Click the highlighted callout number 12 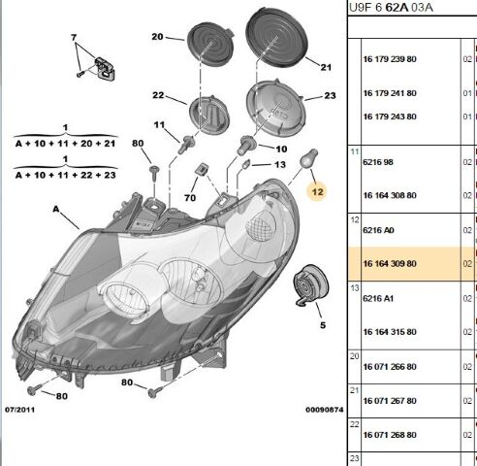(x=317, y=192)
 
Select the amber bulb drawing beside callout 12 (x=309, y=158)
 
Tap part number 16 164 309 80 (x=390, y=264)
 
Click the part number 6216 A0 (x=378, y=230)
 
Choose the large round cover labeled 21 (x=275, y=39)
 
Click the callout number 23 (x=330, y=95)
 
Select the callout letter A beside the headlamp (x=56, y=210)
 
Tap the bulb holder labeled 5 (x=310, y=284)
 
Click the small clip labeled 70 (x=202, y=169)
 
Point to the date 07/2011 (x=19, y=410)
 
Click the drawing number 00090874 (x=325, y=410)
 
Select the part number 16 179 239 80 (x=390, y=59)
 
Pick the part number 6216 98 (x=378, y=162)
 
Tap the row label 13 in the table (x=355, y=287)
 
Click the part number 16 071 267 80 (x=390, y=401)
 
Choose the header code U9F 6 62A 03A (x=391, y=7)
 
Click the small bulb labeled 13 (x=246, y=164)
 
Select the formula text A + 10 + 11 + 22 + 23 (x=66, y=175)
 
